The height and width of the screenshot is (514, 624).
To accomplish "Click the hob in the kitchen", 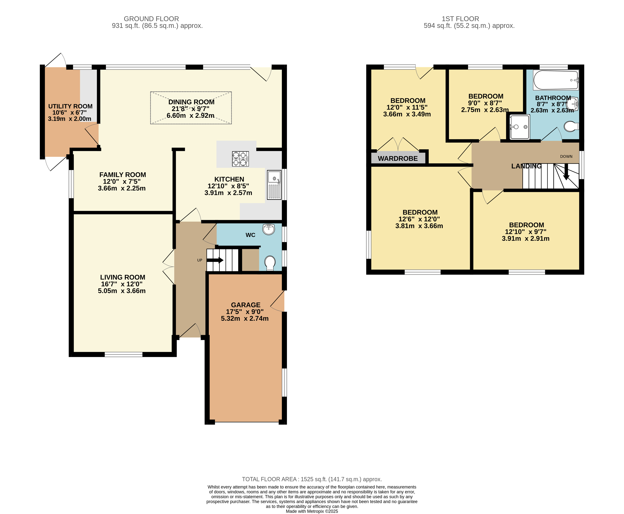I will click(240, 159).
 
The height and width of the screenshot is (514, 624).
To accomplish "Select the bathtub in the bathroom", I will click(555, 80).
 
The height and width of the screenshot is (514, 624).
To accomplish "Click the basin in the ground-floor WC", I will click(268, 229).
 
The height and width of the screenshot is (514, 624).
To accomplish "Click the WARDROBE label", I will click(397, 158).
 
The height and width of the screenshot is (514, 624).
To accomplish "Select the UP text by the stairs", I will click(200, 260).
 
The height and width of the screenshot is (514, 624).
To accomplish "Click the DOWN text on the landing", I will click(566, 156).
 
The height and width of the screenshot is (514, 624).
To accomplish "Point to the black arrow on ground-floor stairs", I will click(215, 260).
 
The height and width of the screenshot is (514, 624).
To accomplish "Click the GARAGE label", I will click(246, 305).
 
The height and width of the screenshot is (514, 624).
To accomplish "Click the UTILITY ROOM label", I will click(70, 106).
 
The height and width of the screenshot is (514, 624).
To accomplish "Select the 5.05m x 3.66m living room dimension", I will click(122, 291).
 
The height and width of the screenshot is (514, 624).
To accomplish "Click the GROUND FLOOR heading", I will click(151, 19).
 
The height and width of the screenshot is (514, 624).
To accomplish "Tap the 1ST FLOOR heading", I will click(460, 19).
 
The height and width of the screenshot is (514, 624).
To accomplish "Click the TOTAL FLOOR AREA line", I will click(312, 479).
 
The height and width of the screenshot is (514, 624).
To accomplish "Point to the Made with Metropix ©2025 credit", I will click(312, 511).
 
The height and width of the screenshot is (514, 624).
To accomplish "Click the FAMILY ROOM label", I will click(122, 175).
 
